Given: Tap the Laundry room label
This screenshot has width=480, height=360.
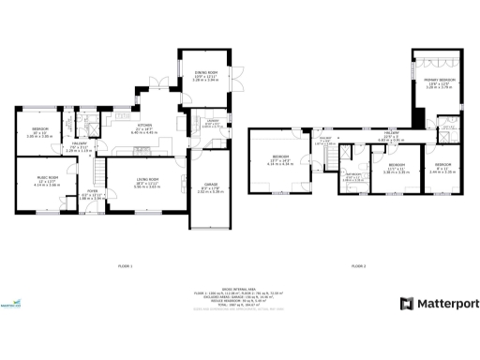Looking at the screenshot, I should [212, 123].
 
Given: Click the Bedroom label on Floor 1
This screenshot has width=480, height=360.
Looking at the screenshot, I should [39, 132].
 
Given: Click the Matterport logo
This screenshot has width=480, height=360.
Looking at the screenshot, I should [439, 304].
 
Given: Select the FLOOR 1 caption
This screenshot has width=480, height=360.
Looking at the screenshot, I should [126, 267].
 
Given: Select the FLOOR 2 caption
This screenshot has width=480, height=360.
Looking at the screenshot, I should [358, 267].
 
